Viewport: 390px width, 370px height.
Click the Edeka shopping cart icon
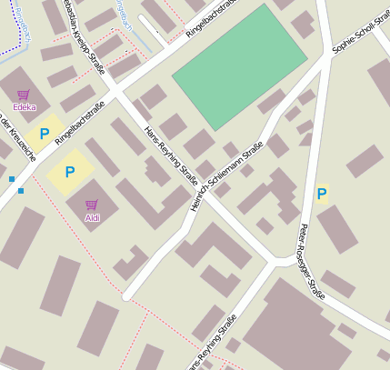pos(23,95)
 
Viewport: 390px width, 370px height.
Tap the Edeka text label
pos(25,107)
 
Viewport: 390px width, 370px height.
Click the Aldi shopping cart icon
pos(91,205)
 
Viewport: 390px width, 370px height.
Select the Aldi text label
pos(92,217)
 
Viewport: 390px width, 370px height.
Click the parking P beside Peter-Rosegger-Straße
pos(321,193)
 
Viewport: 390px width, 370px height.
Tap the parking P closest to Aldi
pos(69,171)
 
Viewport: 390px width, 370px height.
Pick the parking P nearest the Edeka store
pos(43,134)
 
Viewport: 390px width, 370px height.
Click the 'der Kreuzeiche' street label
pos(19,136)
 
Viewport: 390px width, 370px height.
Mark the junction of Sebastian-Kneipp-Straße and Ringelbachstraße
pos(113,91)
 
